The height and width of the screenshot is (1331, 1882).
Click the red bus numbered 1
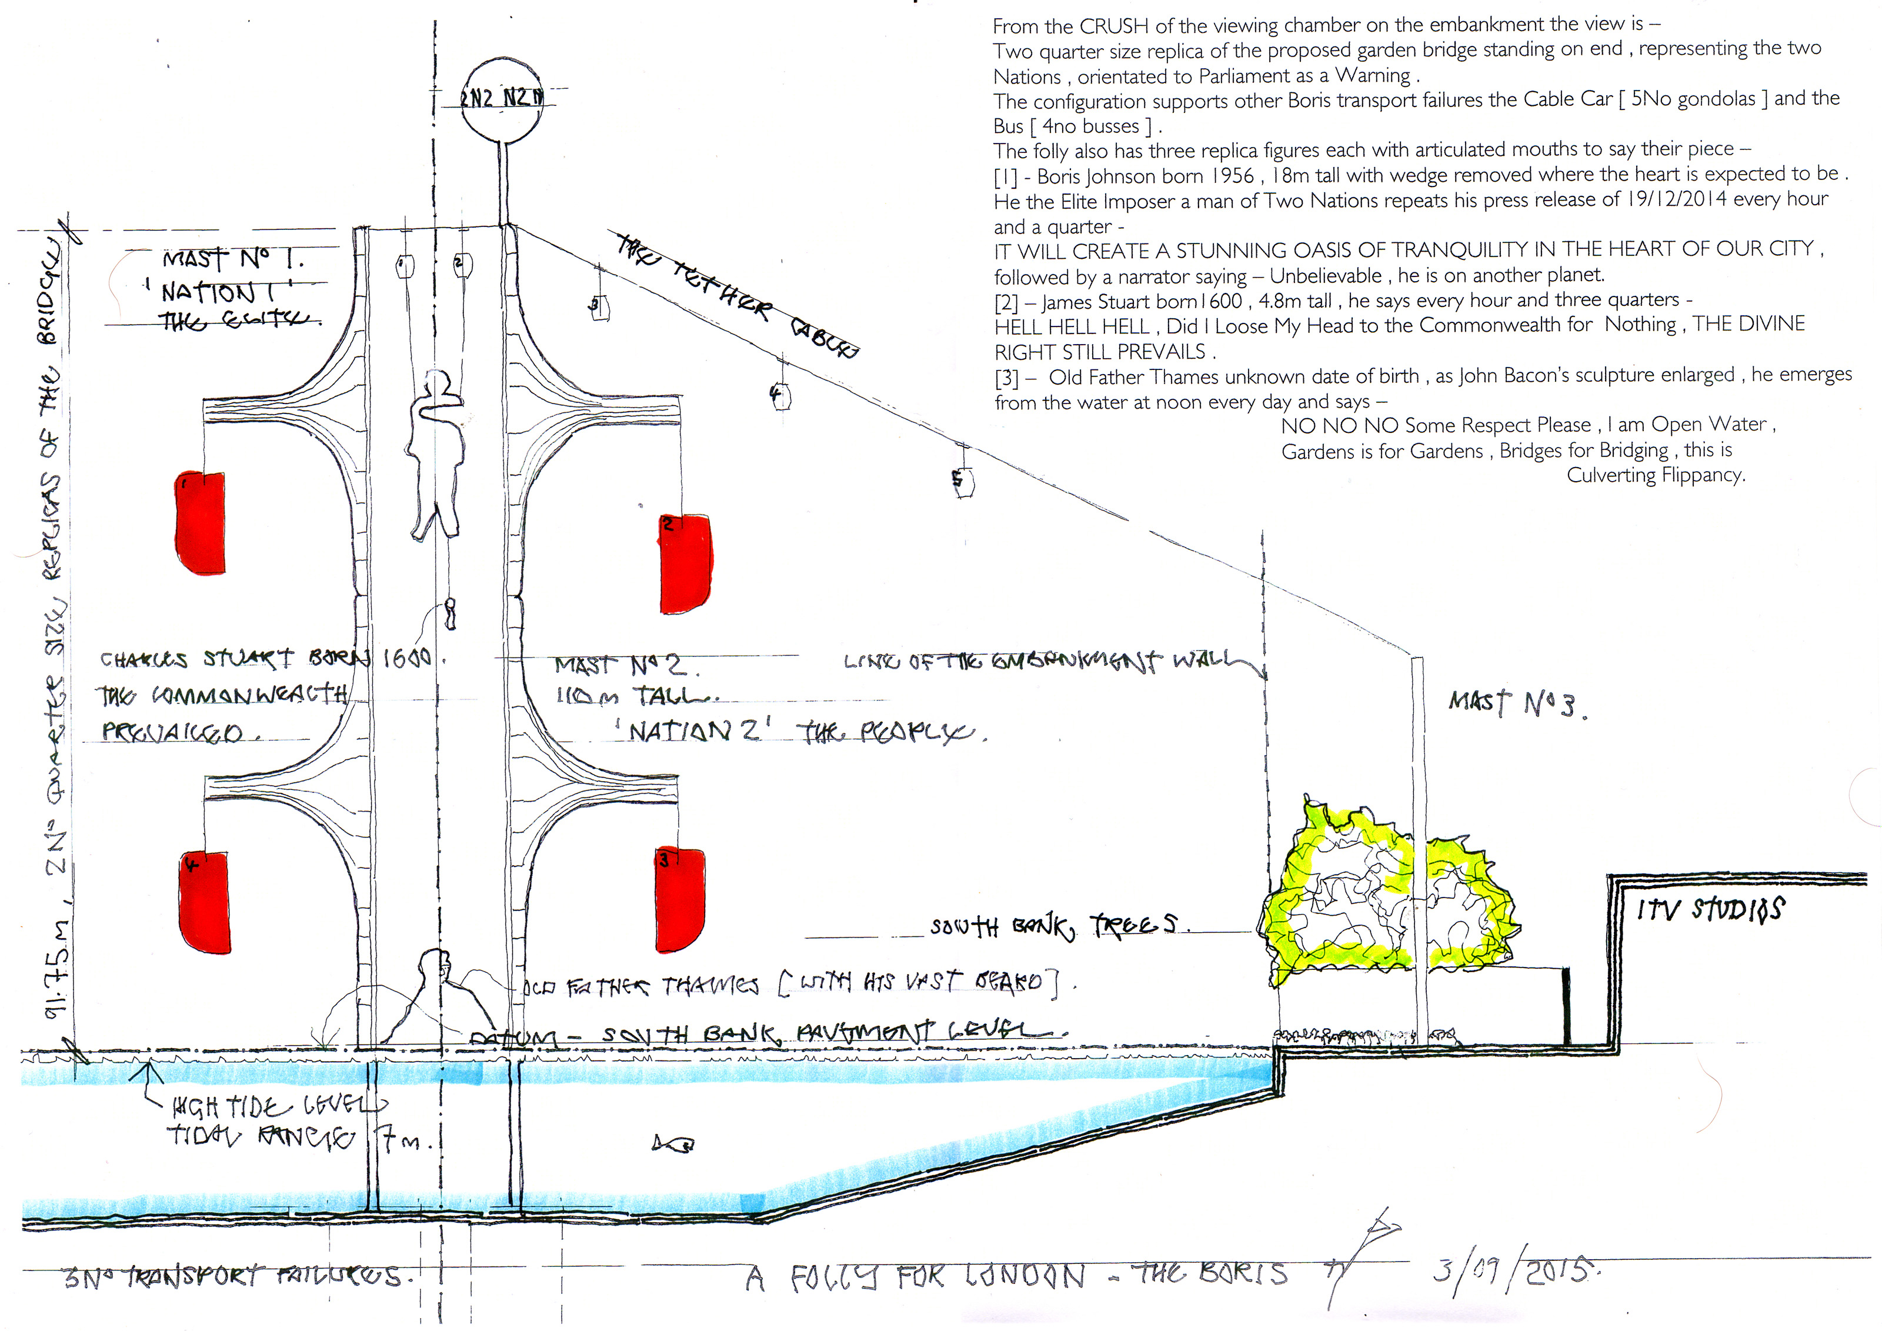coord(200,522)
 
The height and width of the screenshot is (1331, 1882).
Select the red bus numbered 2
coord(685,564)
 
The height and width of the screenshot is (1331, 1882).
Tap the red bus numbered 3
coord(679,900)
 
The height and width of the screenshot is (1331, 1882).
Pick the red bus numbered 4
coord(204,902)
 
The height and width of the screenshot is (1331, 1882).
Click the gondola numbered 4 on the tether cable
coord(779,396)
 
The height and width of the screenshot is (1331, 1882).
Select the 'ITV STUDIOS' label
coord(1710,909)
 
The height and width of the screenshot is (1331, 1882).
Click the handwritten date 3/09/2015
coord(1516,1271)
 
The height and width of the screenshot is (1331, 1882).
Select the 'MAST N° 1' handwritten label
coord(233,259)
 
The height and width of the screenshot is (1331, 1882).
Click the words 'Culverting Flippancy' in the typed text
coord(1656,475)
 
